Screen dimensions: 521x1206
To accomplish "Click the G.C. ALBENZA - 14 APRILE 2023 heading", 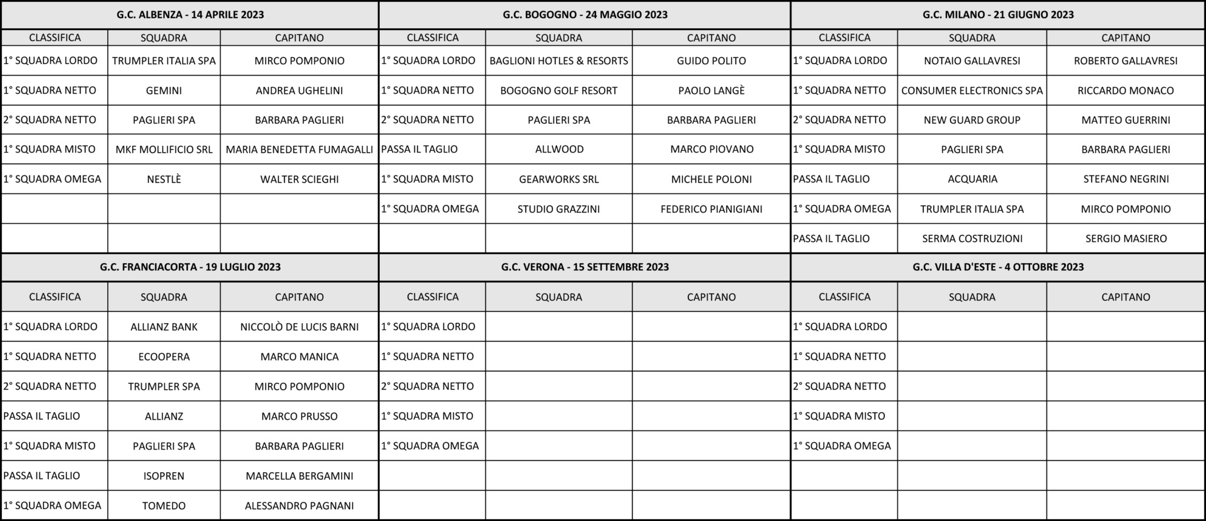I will tap(190, 15).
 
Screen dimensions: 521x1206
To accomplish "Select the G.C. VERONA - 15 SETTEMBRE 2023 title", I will tap(585, 267).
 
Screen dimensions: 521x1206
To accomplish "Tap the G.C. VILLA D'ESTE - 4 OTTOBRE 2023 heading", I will tap(998, 267).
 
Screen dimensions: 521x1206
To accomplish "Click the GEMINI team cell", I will tap(164, 91).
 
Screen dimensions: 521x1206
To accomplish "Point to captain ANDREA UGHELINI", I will tap(299, 91).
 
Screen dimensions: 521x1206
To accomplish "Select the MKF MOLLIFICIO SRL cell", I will tap(164, 150).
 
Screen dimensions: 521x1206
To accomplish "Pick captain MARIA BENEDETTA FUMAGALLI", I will tap(299, 150).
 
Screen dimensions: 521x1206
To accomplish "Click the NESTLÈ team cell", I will tap(164, 179).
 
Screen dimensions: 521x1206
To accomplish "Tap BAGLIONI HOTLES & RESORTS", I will tap(559, 61).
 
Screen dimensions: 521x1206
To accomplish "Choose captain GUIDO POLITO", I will tap(711, 61).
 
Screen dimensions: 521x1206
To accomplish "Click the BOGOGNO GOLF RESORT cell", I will tap(559, 91).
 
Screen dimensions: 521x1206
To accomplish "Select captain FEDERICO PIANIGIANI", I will tap(711, 209).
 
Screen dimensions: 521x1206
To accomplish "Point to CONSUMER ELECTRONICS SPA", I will tap(972, 91).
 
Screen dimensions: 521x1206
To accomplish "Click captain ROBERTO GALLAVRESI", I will tap(1125, 61).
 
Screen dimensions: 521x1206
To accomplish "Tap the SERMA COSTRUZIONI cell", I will tap(972, 238).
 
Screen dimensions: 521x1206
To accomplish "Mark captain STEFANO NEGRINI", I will tap(1125, 179).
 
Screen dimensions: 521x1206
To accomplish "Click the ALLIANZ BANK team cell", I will tap(164, 327).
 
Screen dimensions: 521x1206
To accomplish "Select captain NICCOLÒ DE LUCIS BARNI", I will tap(299, 327).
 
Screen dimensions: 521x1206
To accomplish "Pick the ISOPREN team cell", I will tap(164, 476).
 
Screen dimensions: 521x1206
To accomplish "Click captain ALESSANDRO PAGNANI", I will tap(299, 506).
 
